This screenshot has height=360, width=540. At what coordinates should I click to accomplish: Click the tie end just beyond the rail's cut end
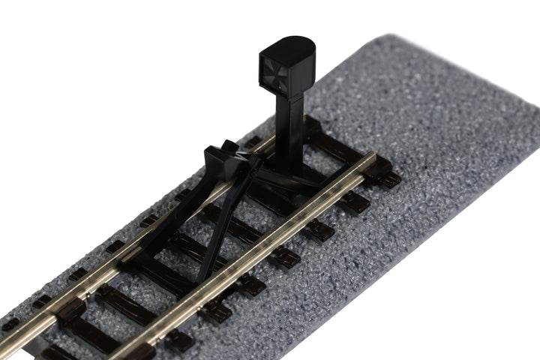(x=388, y=178)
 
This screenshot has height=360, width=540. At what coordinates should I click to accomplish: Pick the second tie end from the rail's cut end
(x=358, y=201)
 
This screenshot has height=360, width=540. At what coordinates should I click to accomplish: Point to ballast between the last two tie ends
(x=375, y=192)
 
